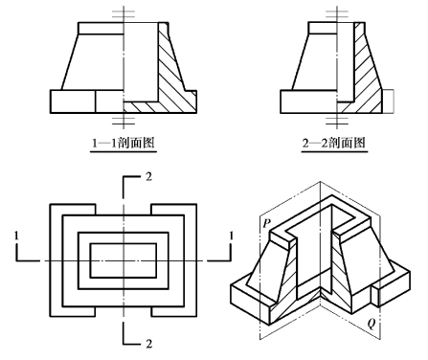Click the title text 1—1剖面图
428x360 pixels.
tap(124, 142)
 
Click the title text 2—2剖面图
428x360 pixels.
tap(334, 142)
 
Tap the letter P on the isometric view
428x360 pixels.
tap(266, 223)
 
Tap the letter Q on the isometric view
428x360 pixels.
tap(372, 324)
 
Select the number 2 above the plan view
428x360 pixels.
tap(148, 176)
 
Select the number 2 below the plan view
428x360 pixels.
tap(148, 344)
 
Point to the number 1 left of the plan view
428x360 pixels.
tap(16, 236)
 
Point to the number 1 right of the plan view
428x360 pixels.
tap(232, 236)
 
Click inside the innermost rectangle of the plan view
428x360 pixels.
tap(124, 260)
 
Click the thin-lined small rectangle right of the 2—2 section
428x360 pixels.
tap(388, 101)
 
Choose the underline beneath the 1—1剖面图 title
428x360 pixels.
tap(124, 151)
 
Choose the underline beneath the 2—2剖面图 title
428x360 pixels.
tap(334, 151)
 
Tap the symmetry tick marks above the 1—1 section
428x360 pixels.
tap(124, 14)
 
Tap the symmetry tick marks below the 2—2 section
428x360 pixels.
tap(337, 121)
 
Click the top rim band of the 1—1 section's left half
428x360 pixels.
tap(101, 28)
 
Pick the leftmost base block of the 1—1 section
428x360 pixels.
tap(73, 101)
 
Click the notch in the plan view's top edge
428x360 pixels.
tap(124, 210)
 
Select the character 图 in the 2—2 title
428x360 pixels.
tap(359, 142)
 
